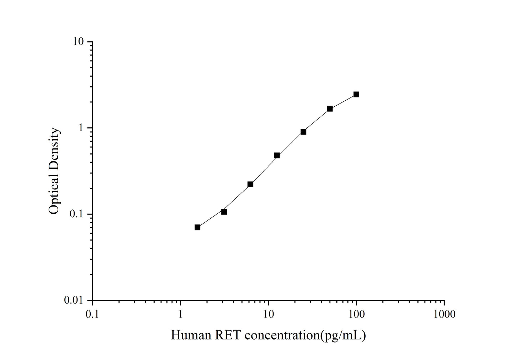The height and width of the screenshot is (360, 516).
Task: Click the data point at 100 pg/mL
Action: [356, 94]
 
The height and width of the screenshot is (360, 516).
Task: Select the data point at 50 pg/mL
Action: [330, 108]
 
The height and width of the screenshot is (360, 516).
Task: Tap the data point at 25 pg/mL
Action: [303, 132]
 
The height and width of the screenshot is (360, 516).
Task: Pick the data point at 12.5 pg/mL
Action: [277, 155]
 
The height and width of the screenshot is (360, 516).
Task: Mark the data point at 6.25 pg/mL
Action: [250, 184]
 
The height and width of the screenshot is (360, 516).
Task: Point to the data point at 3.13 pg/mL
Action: [224, 212]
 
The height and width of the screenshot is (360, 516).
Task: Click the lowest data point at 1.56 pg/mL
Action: [197, 227]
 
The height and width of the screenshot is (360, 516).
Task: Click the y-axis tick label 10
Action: [79, 42]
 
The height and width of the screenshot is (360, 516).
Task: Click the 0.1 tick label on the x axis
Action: [92, 314]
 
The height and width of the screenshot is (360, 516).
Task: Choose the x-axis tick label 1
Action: [180, 314]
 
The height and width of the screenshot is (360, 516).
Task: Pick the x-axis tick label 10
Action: [268, 314]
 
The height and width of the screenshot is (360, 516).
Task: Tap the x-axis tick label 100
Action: [356, 314]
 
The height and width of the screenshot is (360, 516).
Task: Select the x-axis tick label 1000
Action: [444, 314]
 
